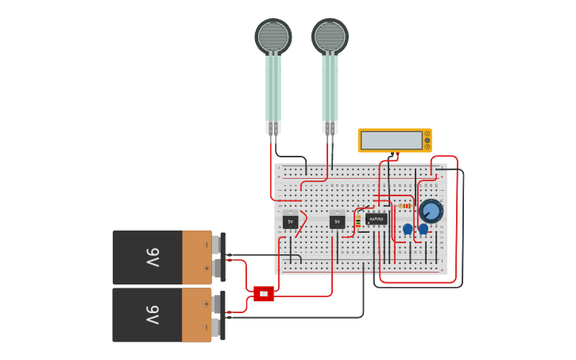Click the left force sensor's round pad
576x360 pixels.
click(x=273, y=36)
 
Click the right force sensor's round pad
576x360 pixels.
click(x=330, y=36)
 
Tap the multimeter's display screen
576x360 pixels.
click(x=391, y=141)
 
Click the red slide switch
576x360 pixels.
click(x=264, y=294)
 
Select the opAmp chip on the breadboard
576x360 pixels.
click(x=377, y=219)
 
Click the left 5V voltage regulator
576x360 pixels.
click(x=290, y=222)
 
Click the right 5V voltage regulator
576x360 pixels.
click(x=337, y=222)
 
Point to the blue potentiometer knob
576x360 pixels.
click(x=431, y=211)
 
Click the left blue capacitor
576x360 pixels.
click(x=408, y=229)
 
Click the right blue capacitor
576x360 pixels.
click(x=423, y=229)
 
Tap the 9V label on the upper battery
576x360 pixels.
click(x=153, y=257)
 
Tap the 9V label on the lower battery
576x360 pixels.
click(x=153, y=315)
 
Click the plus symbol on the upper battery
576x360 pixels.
click(x=207, y=269)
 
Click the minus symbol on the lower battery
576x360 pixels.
click(x=207, y=327)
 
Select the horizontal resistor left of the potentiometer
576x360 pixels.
click(x=405, y=205)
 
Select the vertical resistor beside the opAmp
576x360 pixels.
click(x=358, y=221)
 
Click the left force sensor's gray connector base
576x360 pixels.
click(x=273, y=127)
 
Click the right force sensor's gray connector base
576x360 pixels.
click(x=330, y=127)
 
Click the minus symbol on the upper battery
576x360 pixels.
click(x=207, y=246)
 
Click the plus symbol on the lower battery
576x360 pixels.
click(x=207, y=304)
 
